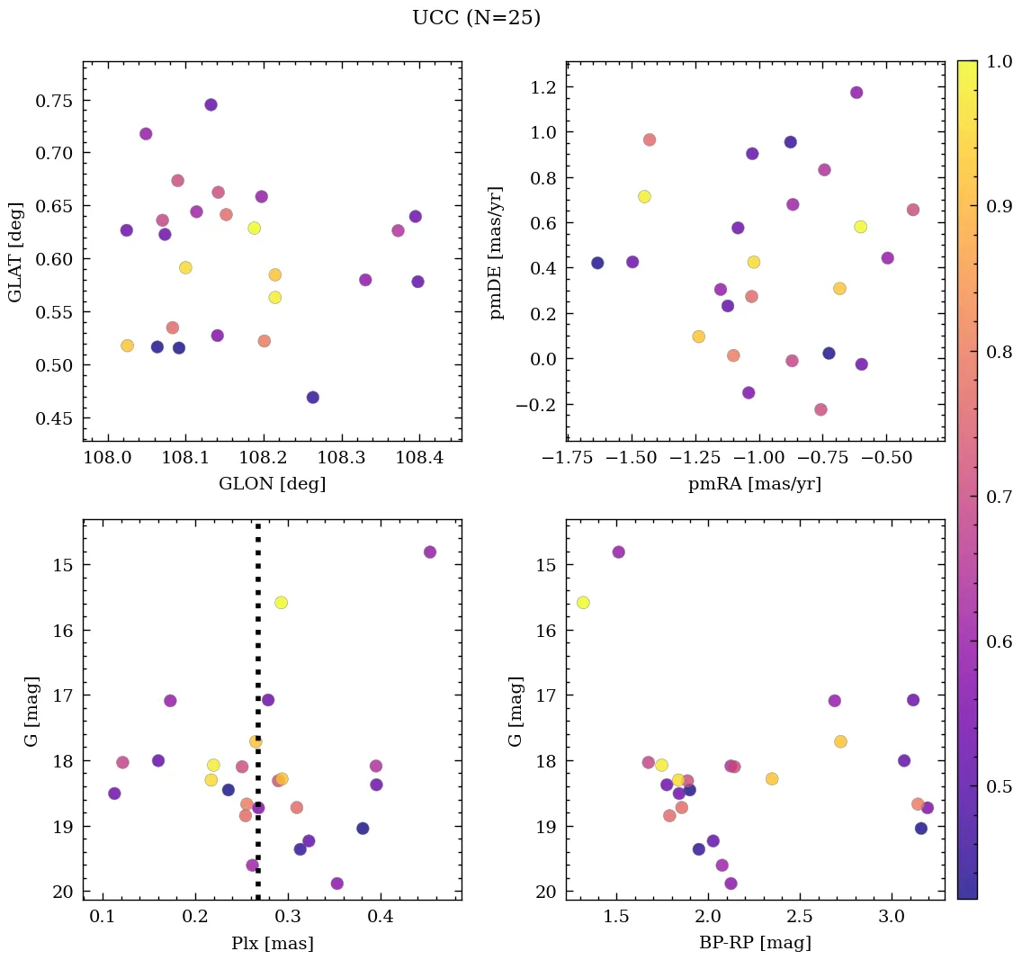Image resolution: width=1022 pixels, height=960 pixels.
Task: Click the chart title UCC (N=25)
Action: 476,18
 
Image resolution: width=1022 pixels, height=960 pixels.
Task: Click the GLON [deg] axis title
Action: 272,484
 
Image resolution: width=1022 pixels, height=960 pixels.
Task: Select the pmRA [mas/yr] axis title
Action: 754,484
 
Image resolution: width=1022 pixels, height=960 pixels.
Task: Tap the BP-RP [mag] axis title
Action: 755,943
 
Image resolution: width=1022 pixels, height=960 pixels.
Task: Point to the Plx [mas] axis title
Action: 272,943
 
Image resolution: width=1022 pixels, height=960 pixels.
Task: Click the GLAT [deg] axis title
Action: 16,251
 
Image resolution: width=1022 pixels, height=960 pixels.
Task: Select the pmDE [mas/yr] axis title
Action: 496,252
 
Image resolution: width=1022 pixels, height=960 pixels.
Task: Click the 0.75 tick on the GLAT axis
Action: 54,100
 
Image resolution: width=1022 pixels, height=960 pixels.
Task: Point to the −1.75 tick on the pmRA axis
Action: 568,460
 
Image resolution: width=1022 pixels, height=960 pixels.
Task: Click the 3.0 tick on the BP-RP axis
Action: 892,919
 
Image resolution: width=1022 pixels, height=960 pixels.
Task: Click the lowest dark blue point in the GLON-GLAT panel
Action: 312,398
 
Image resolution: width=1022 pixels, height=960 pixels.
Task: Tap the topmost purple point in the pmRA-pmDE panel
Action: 856,93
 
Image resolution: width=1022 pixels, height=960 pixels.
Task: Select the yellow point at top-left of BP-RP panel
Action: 583,603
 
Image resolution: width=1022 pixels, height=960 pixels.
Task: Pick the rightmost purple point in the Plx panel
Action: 429,552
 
